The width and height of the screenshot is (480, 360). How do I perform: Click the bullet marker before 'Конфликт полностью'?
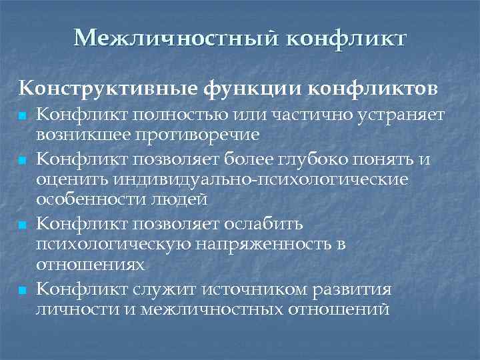[23, 116]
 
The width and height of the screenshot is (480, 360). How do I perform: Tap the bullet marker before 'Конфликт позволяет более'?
[23, 161]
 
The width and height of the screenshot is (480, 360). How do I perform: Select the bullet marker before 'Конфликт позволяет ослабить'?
[23, 226]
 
